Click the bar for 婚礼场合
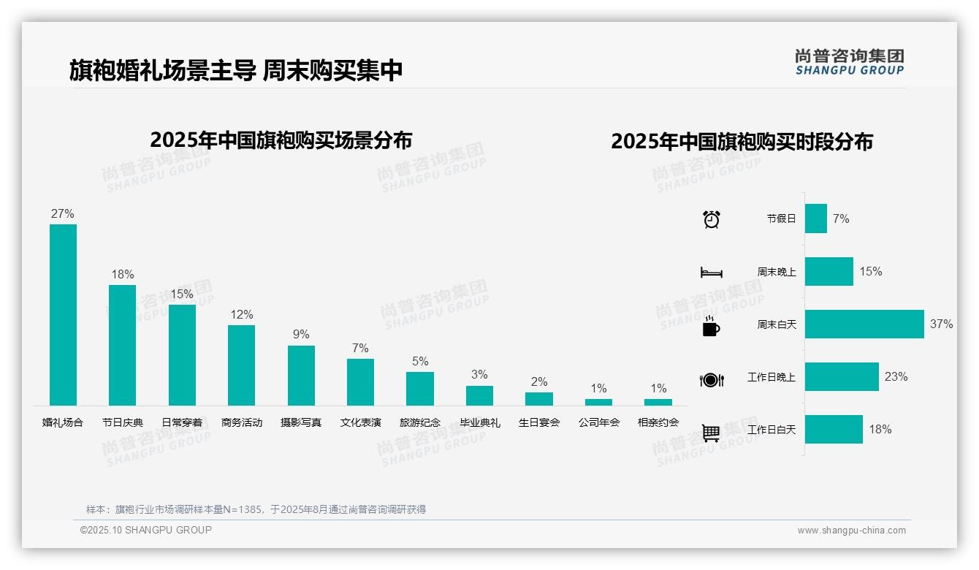pyautogui.click(x=63, y=314)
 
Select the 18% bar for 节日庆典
pyautogui.click(x=122, y=345)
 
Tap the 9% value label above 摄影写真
pyautogui.click(x=301, y=335)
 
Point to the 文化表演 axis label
pyautogui.click(x=361, y=422)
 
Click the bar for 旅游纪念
pyautogui.click(x=420, y=389)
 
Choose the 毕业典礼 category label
pyautogui.click(x=480, y=422)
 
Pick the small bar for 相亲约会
pyautogui.click(x=658, y=402)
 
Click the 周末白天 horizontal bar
pyautogui.click(x=864, y=324)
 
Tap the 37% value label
pyautogui.click(x=941, y=324)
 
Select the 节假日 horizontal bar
pyautogui.click(x=816, y=218)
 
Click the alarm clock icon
pyautogui.click(x=712, y=219)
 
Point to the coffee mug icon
pyautogui.click(x=711, y=326)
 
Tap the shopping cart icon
pyautogui.click(x=711, y=433)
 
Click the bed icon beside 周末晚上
pyautogui.click(x=711, y=273)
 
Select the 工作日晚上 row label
pyautogui.click(x=772, y=377)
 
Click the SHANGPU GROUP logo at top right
pyautogui.click(x=850, y=62)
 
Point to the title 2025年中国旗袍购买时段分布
pyautogui.click(x=742, y=142)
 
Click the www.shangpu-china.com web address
pyautogui.click(x=851, y=531)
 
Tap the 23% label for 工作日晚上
pyautogui.click(x=896, y=376)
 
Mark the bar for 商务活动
pyautogui.click(x=242, y=365)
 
